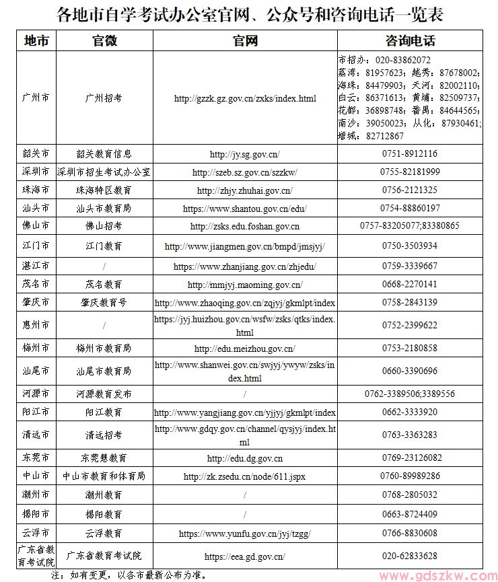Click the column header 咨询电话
(x=410, y=40)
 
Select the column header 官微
(x=104, y=40)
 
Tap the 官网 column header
(x=245, y=40)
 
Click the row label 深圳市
(x=36, y=172)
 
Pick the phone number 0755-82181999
(x=410, y=172)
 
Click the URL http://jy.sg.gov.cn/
(x=245, y=154)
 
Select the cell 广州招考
(x=104, y=98)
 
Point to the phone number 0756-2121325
(x=410, y=190)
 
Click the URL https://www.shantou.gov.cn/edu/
(x=245, y=209)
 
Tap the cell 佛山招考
(x=104, y=227)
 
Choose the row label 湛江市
(x=36, y=266)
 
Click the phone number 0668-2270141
(x=410, y=285)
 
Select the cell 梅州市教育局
(x=104, y=349)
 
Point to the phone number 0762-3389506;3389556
(x=410, y=394)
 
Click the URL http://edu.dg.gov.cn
(x=245, y=458)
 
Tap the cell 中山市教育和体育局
(x=104, y=476)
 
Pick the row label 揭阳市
(x=36, y=515)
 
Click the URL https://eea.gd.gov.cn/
(x=245, y=556)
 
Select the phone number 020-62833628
(x=410, y=556)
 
